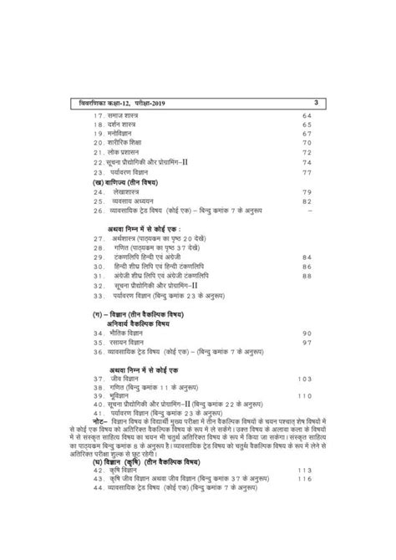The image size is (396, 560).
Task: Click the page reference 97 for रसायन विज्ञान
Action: (x=307, y=343)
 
